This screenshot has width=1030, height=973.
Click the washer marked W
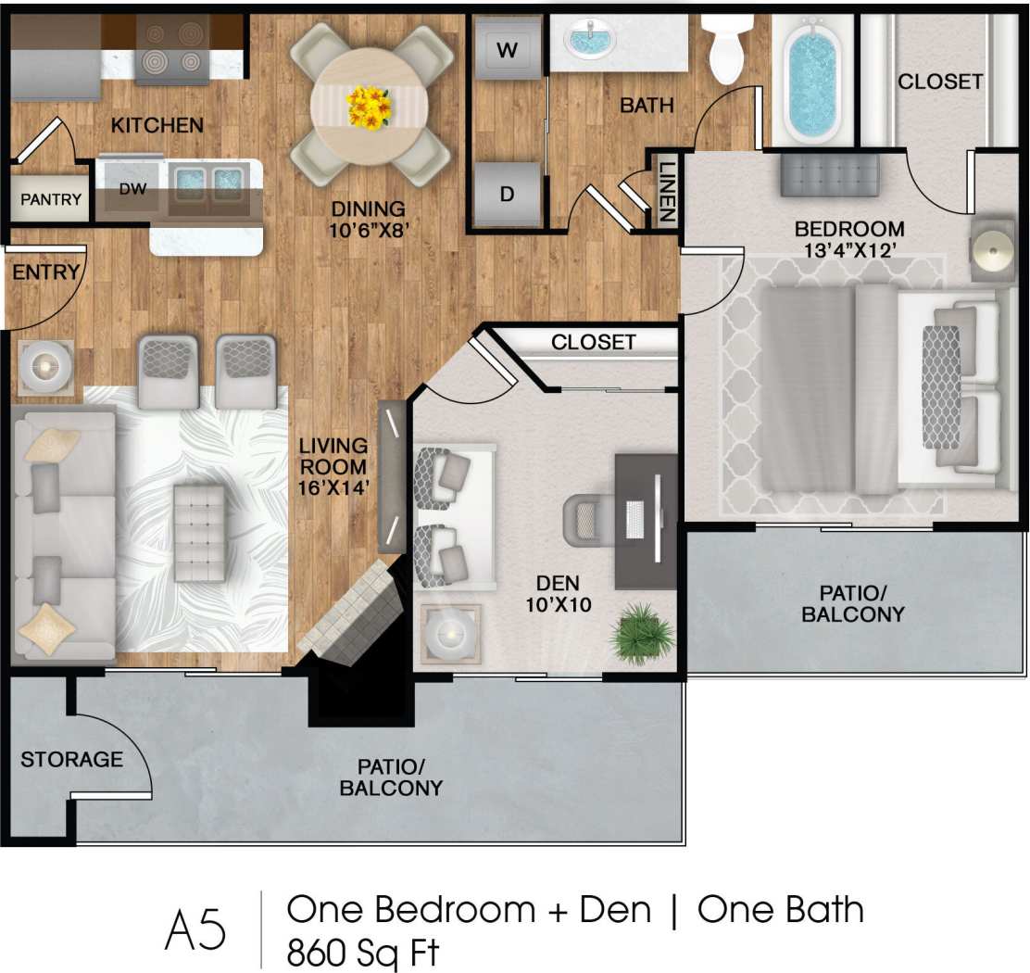click(x=507, y=51)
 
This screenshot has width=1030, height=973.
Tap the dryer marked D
click(x=507, y=195)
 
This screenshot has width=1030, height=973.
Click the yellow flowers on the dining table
click(x=369, y=107)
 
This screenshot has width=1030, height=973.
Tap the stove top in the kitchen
click(x=172, y=51)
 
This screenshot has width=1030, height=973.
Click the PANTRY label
click(x=51, y=199)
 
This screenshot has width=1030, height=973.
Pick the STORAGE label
click(x=71, y=760)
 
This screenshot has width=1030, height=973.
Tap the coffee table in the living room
click(x=200, y=532)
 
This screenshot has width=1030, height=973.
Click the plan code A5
click(x=195, y=929)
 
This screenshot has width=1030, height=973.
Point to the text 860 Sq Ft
click(x=362, y=952)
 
